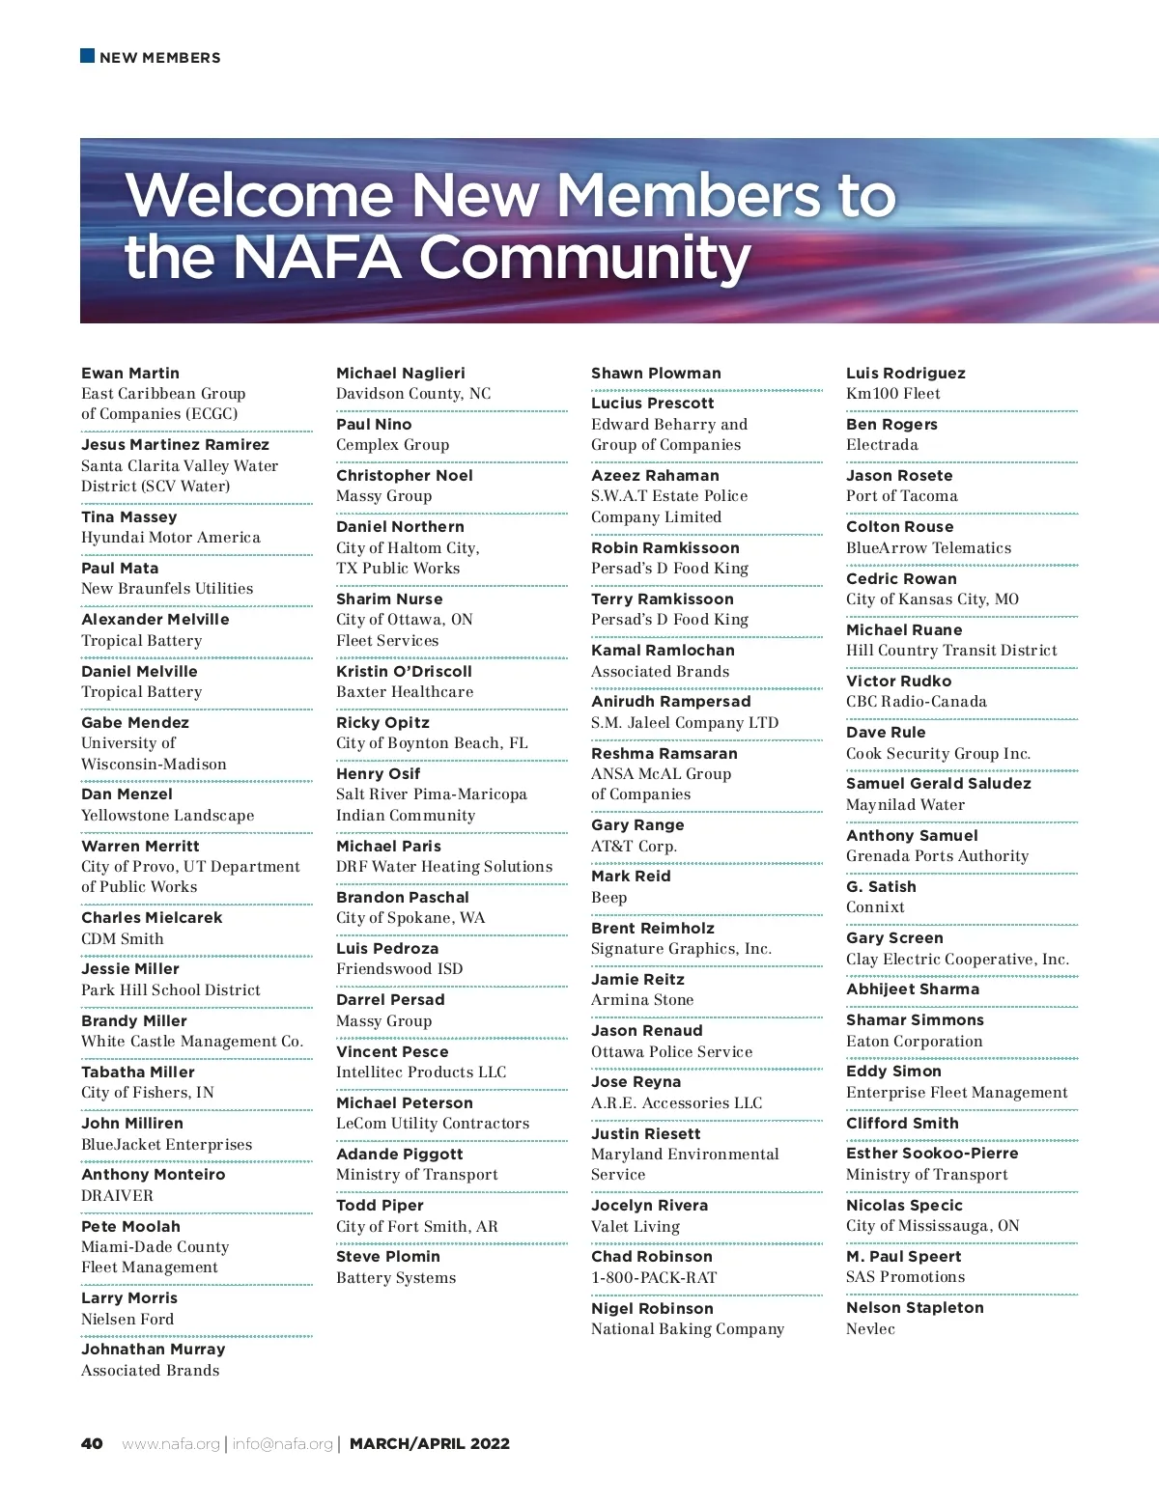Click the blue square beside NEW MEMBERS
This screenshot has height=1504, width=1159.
87,56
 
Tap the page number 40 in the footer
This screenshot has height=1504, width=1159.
92,1443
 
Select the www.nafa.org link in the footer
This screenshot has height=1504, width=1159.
171,1444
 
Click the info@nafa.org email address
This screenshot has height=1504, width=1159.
282,1444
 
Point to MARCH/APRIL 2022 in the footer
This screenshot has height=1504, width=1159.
430,1444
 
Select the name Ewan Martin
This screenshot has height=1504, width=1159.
130,374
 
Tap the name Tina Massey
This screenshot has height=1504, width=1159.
129,517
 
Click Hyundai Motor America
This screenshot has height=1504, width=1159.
171,538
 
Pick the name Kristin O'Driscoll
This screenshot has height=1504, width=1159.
404,671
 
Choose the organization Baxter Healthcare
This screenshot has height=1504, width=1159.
405,692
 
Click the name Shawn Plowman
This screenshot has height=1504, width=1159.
656,374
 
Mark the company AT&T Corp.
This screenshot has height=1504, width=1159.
634,847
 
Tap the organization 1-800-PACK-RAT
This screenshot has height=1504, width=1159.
654,1278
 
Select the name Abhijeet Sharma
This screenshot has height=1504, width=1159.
913,989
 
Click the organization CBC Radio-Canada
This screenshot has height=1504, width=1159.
917,702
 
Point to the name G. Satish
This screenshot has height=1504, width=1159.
881,887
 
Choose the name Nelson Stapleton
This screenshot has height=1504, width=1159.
915,1308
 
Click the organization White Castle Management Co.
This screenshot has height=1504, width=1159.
192,1042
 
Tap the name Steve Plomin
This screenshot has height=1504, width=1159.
388,1257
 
